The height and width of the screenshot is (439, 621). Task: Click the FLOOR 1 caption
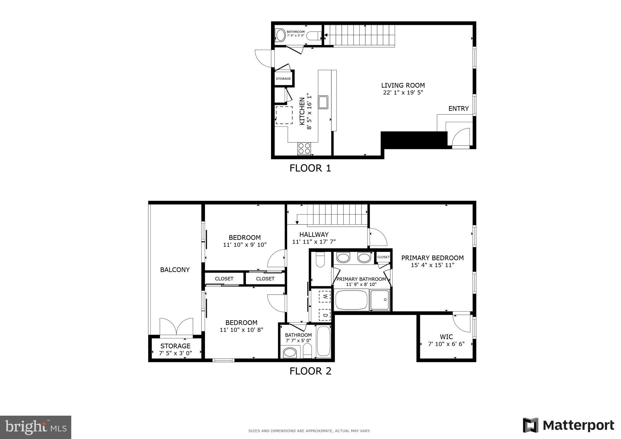310,168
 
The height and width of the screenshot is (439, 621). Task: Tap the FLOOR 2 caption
310,371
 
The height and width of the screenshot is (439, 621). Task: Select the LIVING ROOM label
403,85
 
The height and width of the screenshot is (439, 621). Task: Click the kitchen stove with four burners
304,149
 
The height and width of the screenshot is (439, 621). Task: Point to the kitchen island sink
323,102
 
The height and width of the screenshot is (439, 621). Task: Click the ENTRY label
458,109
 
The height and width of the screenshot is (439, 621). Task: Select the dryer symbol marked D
325,315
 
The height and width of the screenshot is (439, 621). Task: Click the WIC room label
446,337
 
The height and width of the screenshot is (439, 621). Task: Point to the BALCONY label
175,270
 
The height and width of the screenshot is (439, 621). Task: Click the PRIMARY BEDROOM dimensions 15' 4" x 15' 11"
433,265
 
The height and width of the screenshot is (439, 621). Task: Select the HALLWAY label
314,234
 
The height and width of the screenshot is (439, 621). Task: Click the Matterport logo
569,425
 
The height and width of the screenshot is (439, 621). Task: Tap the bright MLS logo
36,427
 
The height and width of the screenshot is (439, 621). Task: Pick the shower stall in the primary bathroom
380,300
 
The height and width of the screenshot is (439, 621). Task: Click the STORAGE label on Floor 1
283,79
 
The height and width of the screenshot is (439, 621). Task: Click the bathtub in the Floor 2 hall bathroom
324,341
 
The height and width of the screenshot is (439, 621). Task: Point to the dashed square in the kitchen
284,115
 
